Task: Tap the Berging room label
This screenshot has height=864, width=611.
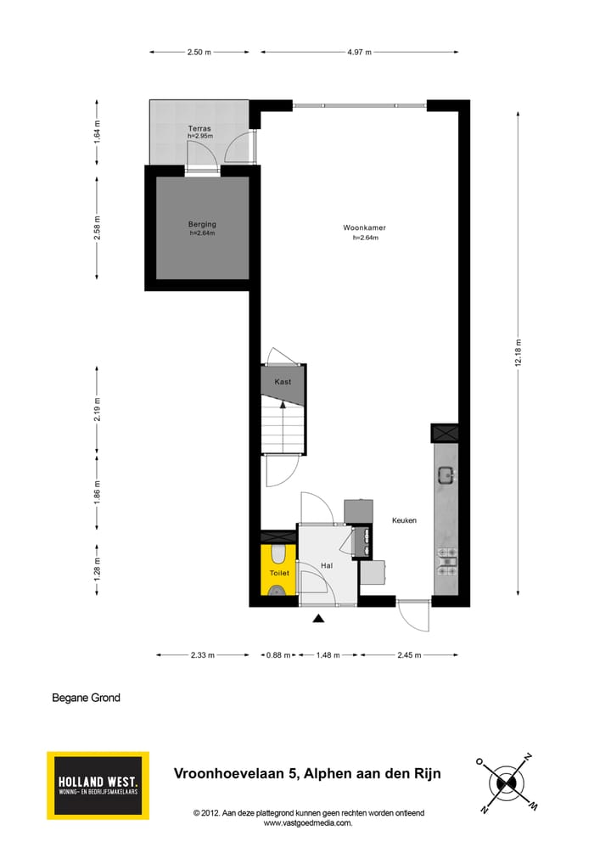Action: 202,225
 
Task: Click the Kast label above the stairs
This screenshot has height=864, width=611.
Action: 283,382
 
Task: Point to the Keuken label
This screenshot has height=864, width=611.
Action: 404,520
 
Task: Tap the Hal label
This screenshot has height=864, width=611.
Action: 326,565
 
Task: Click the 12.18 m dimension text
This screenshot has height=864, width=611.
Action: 519,352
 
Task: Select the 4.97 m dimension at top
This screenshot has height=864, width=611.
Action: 360,52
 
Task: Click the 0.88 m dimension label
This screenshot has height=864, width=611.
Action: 279,655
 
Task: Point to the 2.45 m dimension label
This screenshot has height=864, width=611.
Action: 409,655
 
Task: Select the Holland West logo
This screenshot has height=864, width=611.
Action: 98,785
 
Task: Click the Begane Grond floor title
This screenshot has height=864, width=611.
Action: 86,698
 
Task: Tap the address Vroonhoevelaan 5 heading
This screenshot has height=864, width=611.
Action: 307,773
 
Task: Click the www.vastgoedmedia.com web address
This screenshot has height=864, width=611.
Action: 307,822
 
